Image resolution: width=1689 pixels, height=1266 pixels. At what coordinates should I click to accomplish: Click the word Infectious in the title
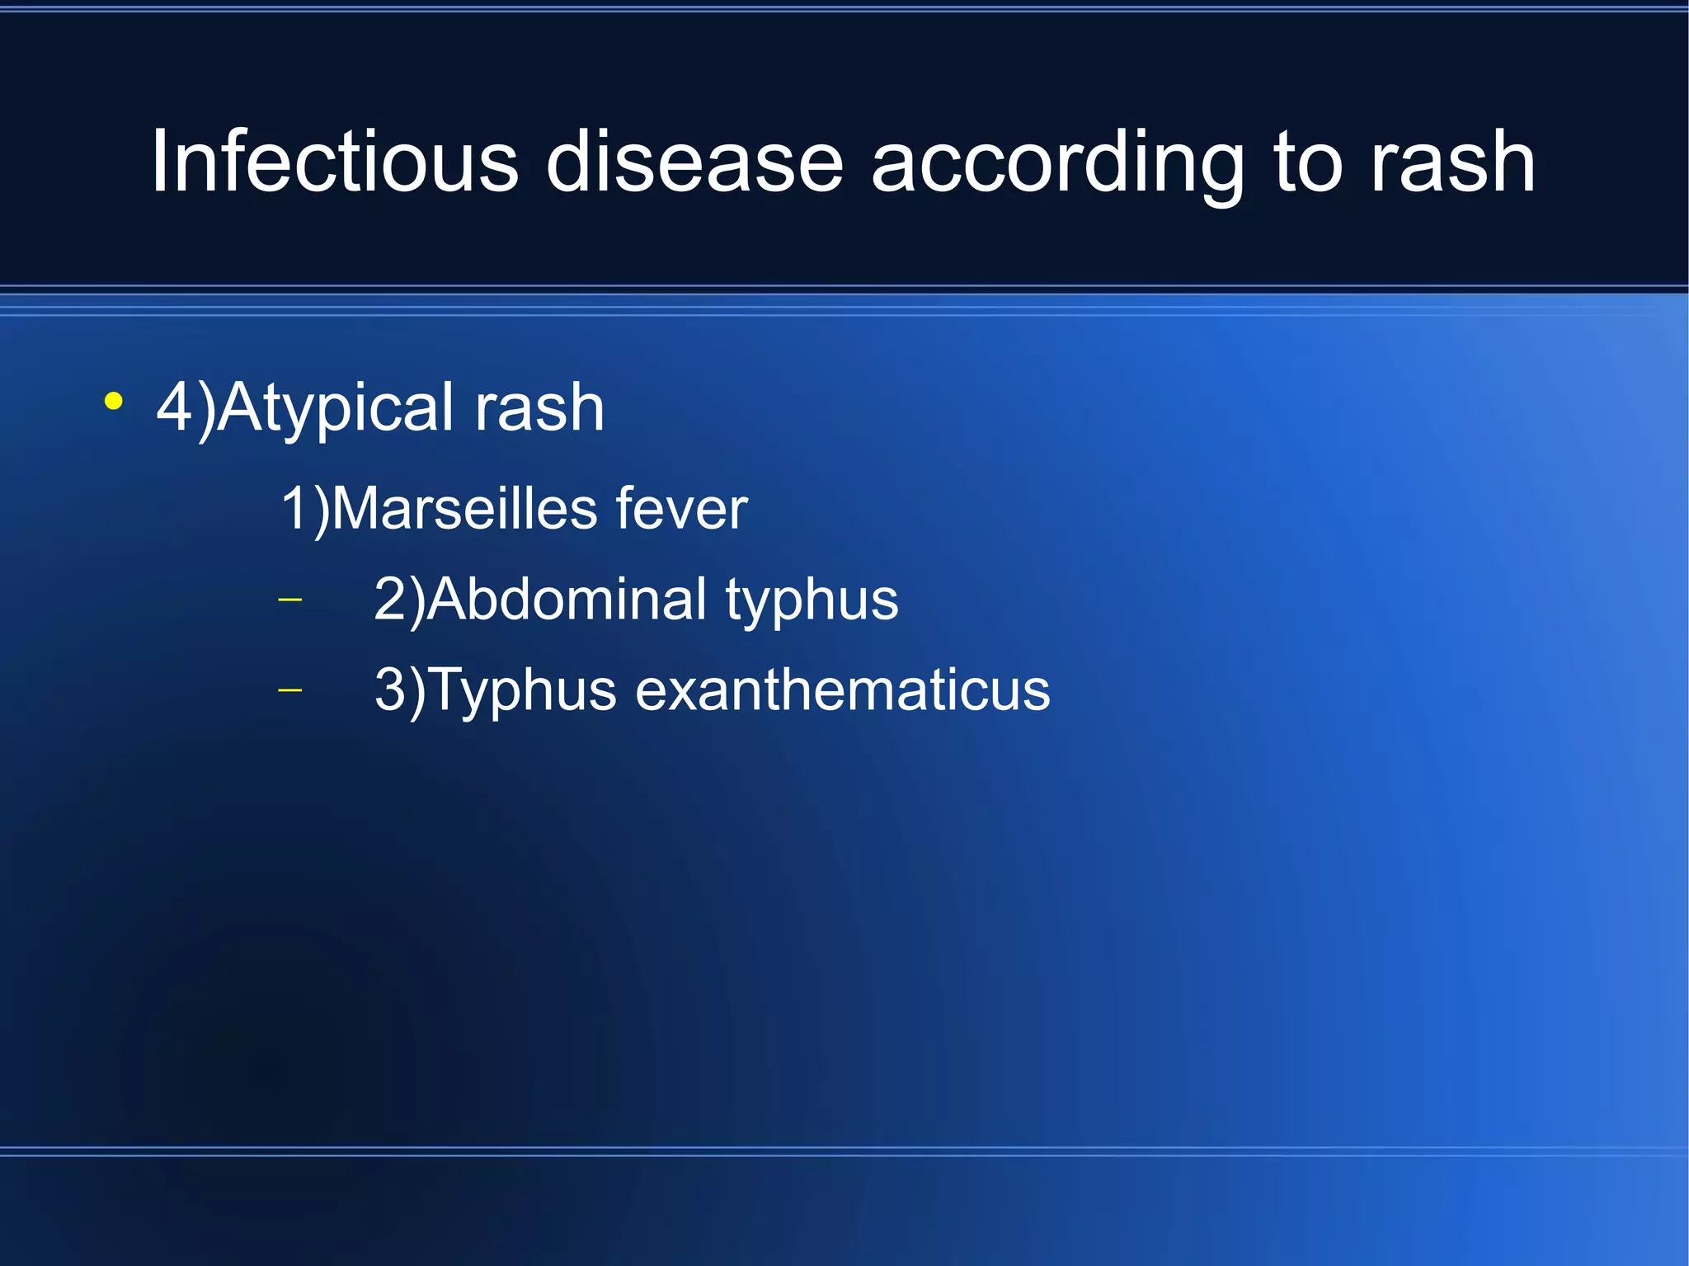pyautogui.click(x=334, y=162)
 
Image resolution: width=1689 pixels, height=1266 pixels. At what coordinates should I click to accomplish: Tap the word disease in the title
pyautogui.click(x=694, y=162)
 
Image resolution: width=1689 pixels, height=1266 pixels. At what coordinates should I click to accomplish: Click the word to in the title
pyautogui.click(x=1308, y=163)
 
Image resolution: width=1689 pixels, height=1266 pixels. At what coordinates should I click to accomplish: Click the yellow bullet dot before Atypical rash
pyautogui.click(x=114, y=402)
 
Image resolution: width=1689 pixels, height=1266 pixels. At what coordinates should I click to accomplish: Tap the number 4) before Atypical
pyautogui.click(x=186, y=407)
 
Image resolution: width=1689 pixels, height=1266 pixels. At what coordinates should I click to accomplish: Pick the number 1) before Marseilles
pyautogui.click(x=304, y=509)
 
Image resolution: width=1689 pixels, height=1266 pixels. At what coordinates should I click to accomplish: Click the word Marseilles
pyautogui.click(x=463, y=508)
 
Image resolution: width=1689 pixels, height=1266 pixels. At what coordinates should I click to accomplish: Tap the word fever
pyautogui.click(x=680, y=509)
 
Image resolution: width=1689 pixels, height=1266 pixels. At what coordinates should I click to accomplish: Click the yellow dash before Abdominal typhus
pyautogui.click(x=290, y=599)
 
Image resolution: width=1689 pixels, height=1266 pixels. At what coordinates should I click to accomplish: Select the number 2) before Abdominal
pyautogui.click(x=399, y=600)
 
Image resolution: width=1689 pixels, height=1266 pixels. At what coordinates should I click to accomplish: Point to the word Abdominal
pyautogui.click(x=567, y=599)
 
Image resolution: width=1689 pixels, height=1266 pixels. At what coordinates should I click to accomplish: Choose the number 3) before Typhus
pyautogui.click(x=400, y=689)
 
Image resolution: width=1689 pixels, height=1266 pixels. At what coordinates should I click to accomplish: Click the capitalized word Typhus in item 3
pyautogui.click(x=522, y=691)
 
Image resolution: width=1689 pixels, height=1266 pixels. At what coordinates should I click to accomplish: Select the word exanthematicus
pyautogui.click(x=842, y=689)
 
